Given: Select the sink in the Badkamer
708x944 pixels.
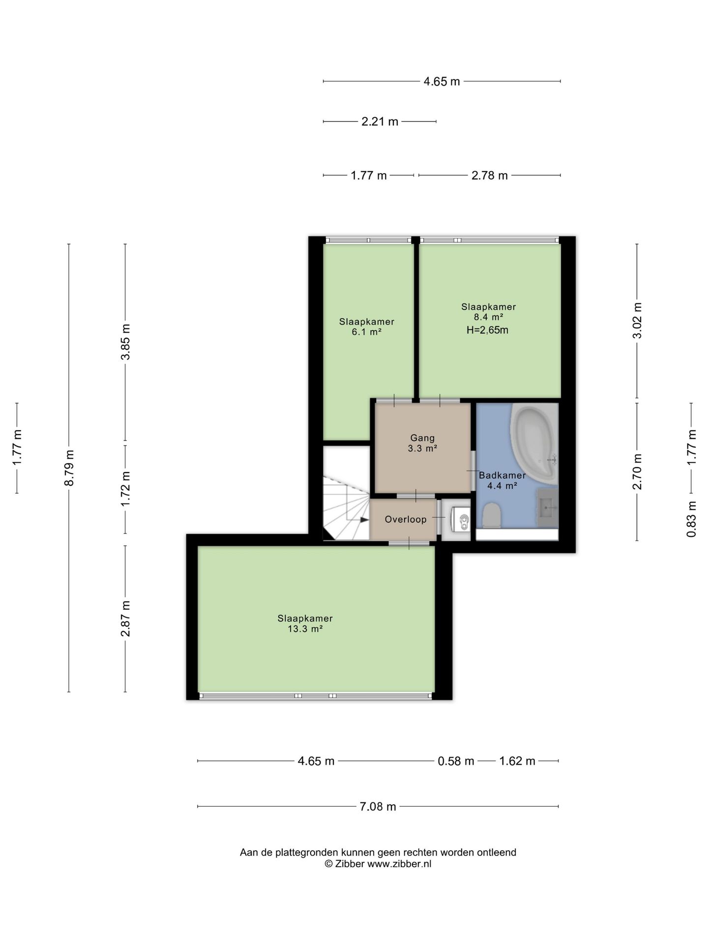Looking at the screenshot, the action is coord(547,507).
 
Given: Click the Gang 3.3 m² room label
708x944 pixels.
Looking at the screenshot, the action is coord(422,443).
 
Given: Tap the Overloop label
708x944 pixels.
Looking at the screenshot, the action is coord(406,519).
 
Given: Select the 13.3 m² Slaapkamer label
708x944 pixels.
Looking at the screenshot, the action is coord(305,623).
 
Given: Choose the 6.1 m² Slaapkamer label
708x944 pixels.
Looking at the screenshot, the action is coord(367,327).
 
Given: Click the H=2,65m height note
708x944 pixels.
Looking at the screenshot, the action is coord(487,330).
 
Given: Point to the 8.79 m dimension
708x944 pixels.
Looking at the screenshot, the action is coord(69,468).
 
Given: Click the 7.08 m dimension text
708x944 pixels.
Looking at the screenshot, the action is coord(378,806).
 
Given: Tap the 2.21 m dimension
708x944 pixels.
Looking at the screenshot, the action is coord(380,121).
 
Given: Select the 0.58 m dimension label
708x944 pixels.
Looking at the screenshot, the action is coord(456,761).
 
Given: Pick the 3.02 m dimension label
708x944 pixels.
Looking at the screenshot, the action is coord(637,321).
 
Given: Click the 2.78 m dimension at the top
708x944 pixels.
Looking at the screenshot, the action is coord(489,176).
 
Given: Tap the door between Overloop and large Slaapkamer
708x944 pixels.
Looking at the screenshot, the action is coord(409,543).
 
